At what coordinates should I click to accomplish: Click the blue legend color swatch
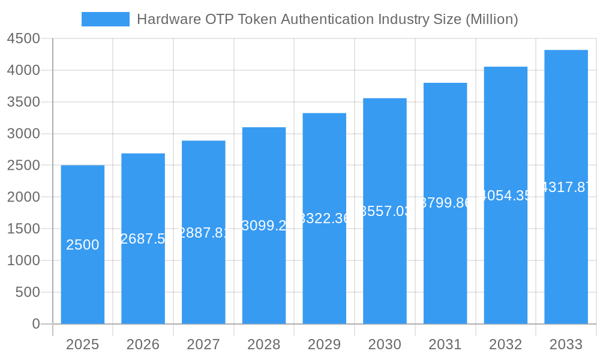click(x=106, y=19)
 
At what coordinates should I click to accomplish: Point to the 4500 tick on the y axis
click(x=23, y=39)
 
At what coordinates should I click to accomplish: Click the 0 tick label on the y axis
click(x=35, y=324)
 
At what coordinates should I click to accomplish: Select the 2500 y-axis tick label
click(x=23, y=166)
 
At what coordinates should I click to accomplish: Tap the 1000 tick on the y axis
click(x=23, y=260)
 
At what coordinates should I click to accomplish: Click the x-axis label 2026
click(x=143, y=344)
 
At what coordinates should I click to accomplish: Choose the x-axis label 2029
click(x=324, y=344)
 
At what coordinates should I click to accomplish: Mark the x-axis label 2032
click(x=505, y=344)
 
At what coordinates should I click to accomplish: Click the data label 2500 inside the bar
click(x=83, y=245)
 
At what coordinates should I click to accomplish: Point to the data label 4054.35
click(x=506, y=196)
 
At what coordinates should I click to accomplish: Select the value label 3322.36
click(x=325, y=218)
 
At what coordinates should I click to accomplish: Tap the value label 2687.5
click(x=143, y=239)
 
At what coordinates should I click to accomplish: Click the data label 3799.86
click(x=445, y=203)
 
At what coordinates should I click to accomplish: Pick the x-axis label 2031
click(x=445, y=344)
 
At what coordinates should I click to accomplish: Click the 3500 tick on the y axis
click(x=23, y=102)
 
